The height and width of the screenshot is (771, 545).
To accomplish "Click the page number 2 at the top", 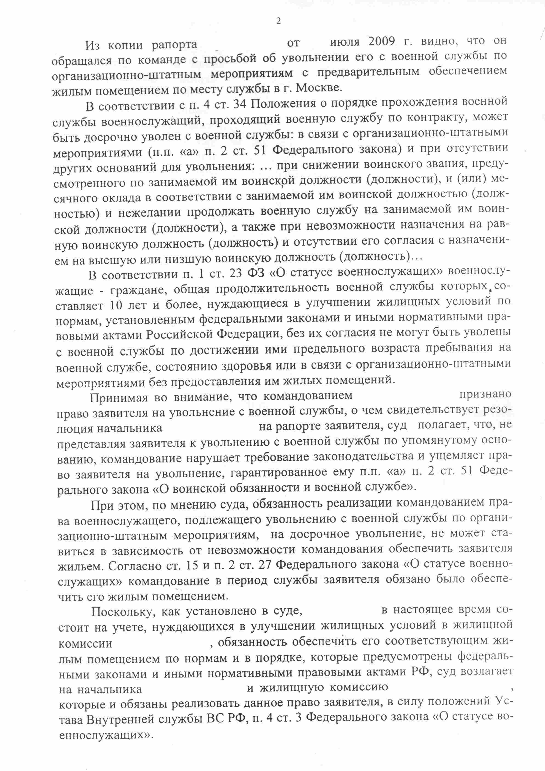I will pyautogui.click(x=278, y=21).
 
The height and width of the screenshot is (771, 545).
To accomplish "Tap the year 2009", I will pyautogui.click(x=384, y=42).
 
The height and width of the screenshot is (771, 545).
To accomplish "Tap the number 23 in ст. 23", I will pyautogui.click(x=234, y=274).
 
